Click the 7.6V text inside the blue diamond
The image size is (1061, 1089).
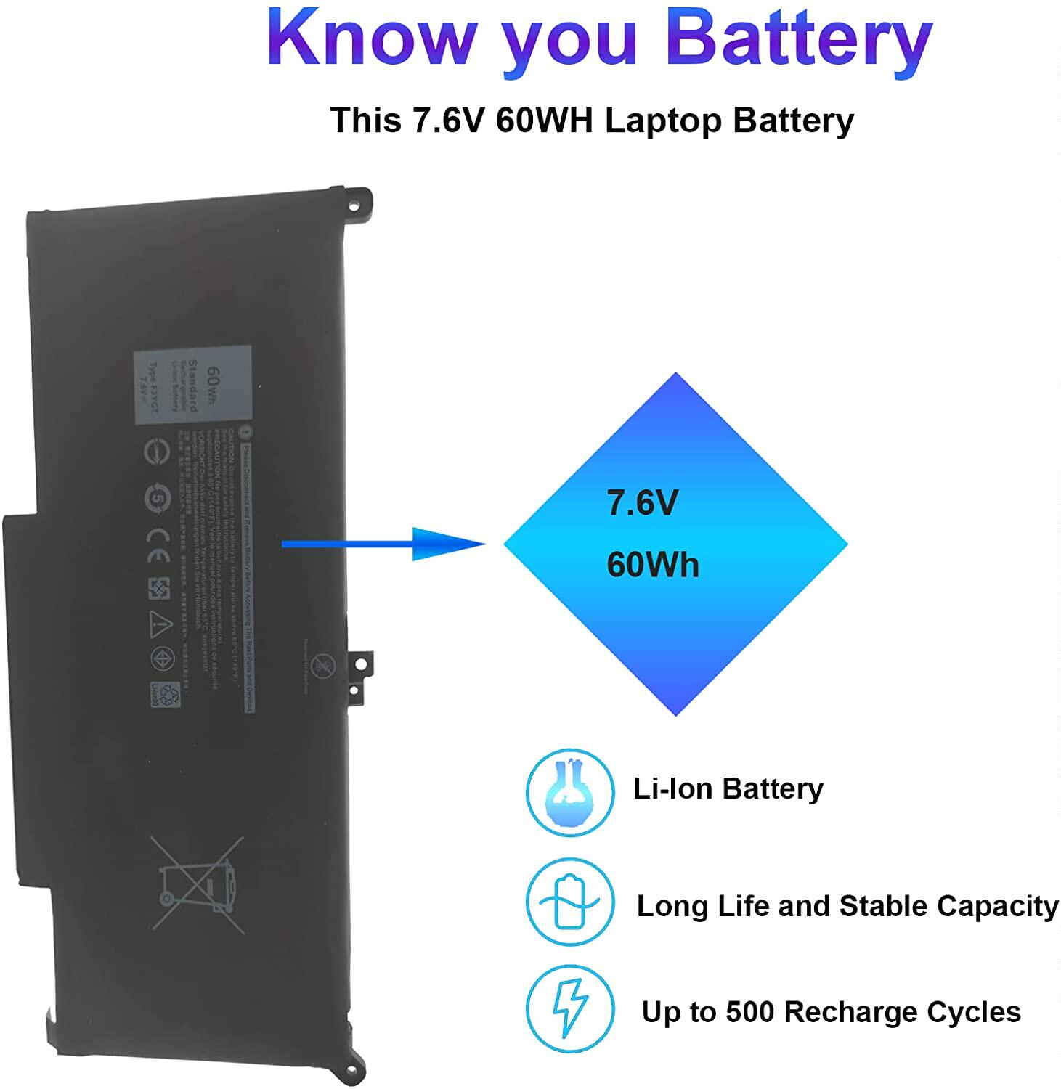pos(642,502)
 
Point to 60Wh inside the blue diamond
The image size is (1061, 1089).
pos(652,565)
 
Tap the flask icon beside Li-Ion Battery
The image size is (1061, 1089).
pos(570,792)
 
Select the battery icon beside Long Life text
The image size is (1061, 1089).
pos(570,902)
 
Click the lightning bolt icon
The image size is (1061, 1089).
pos(570,1009)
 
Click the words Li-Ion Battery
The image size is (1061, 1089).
pos(728,788)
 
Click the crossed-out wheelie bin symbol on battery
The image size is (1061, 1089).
pos(197,884)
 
